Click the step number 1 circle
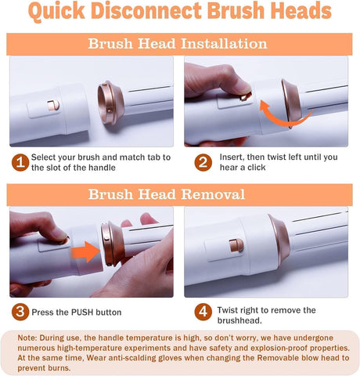click(20, 162)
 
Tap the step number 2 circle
click(203, 162)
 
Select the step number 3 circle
click(20, 312)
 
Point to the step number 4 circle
click(203, 312)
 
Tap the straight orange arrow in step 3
click(85, 252)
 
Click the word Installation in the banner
click(224, 44)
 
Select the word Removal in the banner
click(213, 194)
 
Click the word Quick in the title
click(56, 12)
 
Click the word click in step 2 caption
click(257, 168)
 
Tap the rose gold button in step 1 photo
click(53, 106)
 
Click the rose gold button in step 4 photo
click(236, 245)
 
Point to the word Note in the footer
click(27, 338)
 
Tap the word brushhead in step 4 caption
click(239, 320)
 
